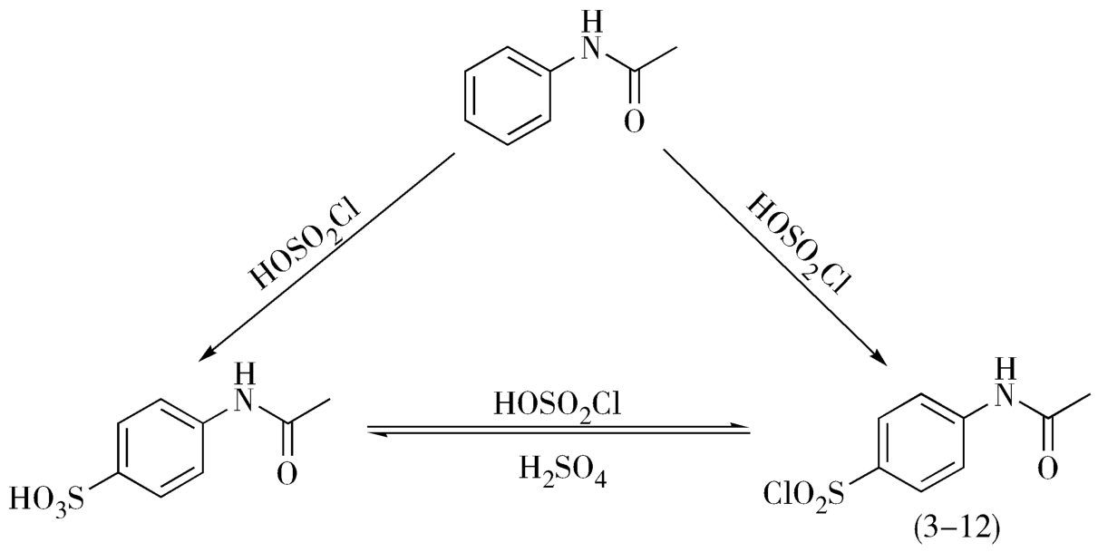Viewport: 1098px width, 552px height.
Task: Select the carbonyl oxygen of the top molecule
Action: coord(635,119)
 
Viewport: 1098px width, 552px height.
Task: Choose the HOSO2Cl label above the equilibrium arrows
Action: coord(557,404)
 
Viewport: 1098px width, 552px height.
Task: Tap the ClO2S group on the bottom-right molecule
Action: coord(803,495)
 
